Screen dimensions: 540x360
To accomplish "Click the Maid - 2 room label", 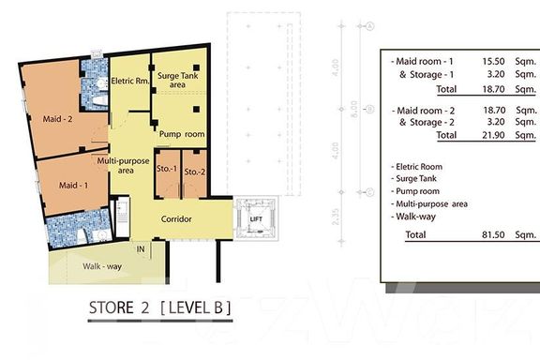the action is (x=57, y=119).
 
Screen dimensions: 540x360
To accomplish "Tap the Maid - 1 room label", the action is (x=73, y=186).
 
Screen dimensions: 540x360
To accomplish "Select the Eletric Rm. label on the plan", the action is (x=130, y=82).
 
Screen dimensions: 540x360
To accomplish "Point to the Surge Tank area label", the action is (x=178, y=80).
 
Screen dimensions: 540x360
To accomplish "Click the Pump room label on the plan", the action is (x=182, y=134).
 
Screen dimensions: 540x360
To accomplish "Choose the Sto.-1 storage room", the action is (x=168, y=174).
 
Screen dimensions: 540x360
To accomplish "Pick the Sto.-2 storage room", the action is (x=195, y=174).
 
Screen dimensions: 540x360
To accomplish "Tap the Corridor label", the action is (x=176, y=219).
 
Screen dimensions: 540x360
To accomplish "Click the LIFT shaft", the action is (x=256, y=218).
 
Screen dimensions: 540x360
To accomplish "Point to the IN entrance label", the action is (x=141, y=249).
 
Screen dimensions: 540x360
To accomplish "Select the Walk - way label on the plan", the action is (x=102, y=266).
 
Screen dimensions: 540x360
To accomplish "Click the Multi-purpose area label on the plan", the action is (x=123, y=166).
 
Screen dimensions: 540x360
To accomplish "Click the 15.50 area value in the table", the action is (x=493, y=61).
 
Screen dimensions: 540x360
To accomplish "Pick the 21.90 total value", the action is (x=493, y=135).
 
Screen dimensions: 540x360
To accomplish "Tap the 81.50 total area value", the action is (x=493, y=235).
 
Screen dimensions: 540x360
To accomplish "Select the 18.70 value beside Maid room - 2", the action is (x=494, y=111).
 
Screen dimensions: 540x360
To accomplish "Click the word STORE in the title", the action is (x=112, y=307).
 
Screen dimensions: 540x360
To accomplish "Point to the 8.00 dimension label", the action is (x=353, y=109).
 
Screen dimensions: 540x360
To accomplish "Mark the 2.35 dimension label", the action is (x=336, y=217).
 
